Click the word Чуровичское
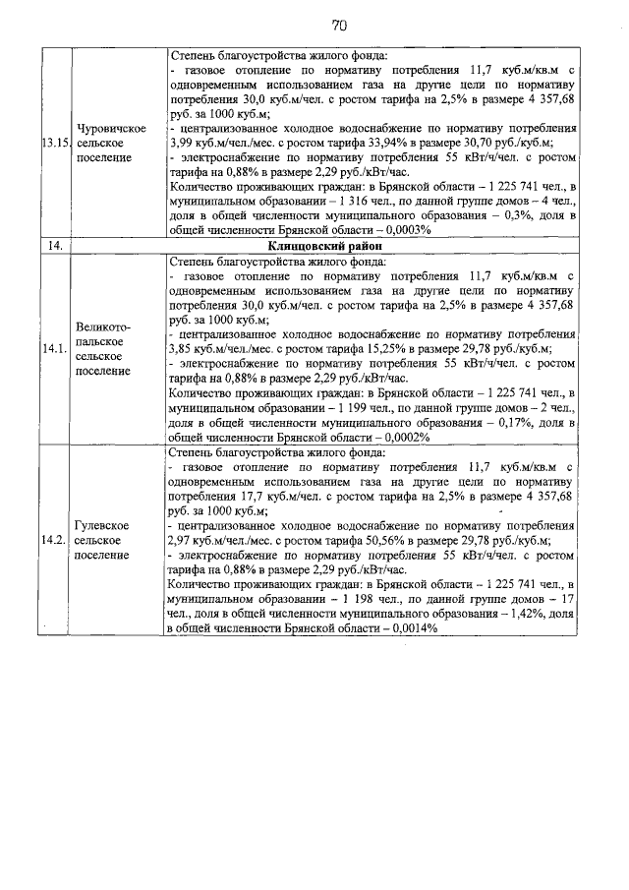(x=112, y=130)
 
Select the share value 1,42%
(x=517, y=614)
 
